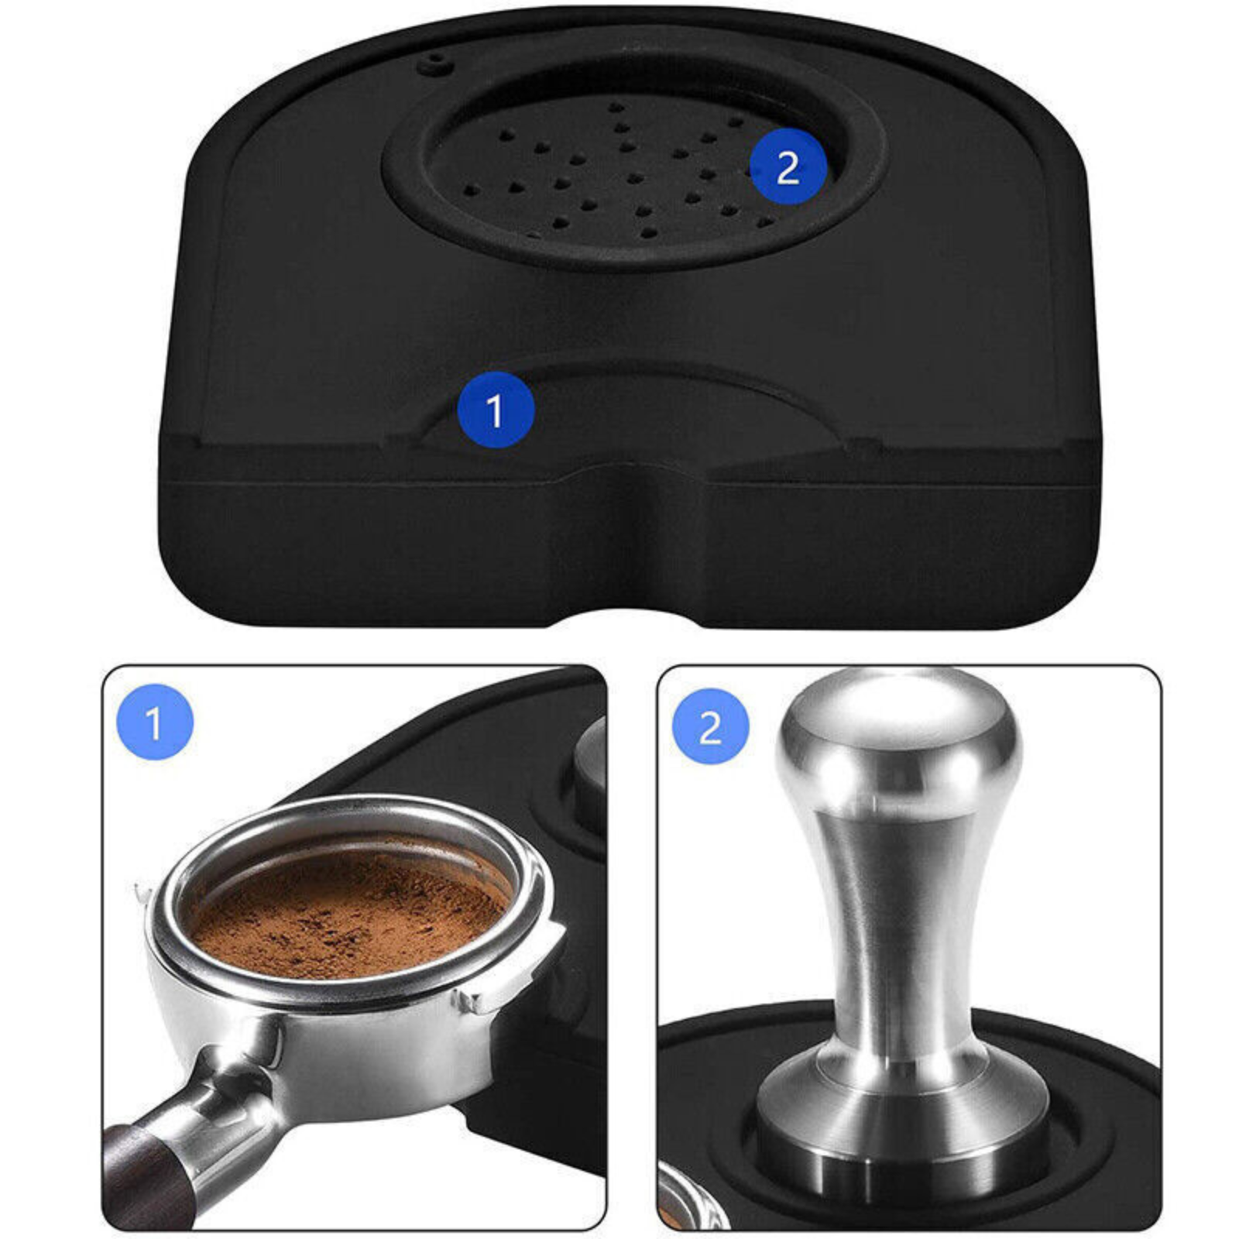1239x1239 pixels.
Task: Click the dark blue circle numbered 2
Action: coord(788,166)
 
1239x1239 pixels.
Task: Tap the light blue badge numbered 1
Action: coord(154,722)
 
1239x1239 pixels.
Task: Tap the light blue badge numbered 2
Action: coord(710,726)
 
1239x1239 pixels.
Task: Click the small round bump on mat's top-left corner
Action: coord(433,65)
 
